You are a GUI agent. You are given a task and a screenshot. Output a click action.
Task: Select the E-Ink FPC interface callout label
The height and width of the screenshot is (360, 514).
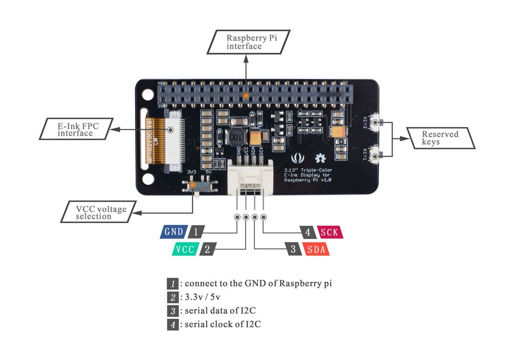pyautogui.click(x=75, y=129)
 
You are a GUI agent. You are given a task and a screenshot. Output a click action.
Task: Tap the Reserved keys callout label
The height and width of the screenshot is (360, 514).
pyautogui.click(x=440, y=138)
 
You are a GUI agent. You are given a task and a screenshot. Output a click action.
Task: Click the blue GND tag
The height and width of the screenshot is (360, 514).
pyautogui.click(x=174, y=232)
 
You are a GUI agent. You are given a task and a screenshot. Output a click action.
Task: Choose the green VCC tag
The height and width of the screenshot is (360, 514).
pyautogui.click(x=185, y=249)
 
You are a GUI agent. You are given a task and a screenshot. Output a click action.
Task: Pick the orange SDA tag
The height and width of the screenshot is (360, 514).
pyautogui.click(x=316, y=249)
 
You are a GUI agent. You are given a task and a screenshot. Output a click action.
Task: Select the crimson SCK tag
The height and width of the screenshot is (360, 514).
pyautogui.click(x=329, y=232)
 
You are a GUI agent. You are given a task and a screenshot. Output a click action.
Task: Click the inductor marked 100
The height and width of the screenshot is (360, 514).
pyautogui.click(x=236, y=136)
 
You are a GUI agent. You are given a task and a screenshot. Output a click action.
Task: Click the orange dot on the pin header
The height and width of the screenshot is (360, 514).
pyautogui.click(x=245, y=95)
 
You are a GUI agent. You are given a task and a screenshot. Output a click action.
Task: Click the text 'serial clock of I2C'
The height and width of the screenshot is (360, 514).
pyautogui.click(x=222, y=324)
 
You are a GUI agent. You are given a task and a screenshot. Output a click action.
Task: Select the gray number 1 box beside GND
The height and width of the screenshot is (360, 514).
pyautogui.click(x=196, y=232)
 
